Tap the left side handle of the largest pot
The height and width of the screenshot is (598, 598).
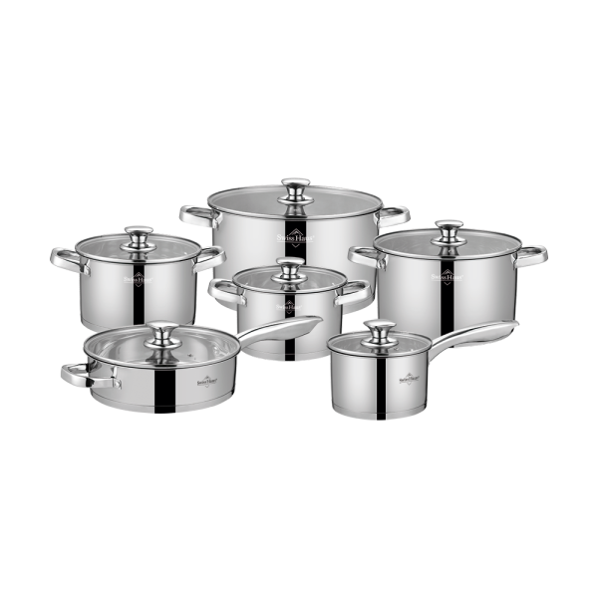click(195, 214)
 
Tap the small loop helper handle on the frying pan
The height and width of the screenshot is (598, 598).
click(80, 375)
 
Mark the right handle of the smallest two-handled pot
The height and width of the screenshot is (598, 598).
click(355, 288)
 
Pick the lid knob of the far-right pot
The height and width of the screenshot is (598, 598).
click(450, 228)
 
